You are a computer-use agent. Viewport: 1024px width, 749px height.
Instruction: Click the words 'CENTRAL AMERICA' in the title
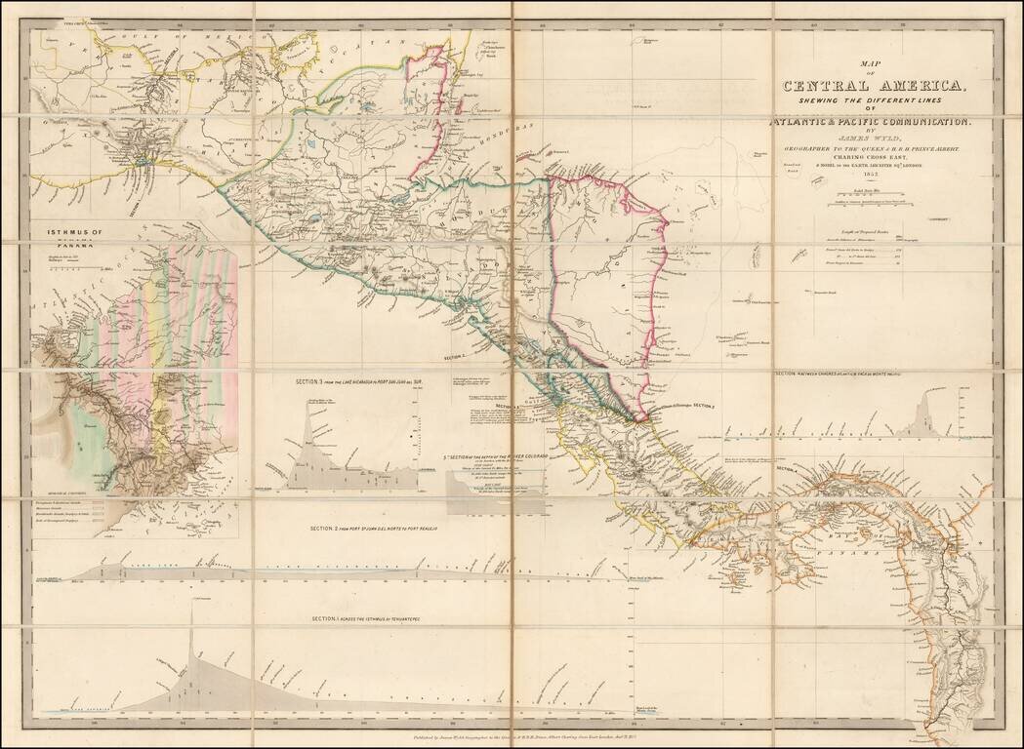click(x=874, y=86)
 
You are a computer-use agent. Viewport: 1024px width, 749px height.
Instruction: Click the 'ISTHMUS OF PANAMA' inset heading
click(x=73, y=238)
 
